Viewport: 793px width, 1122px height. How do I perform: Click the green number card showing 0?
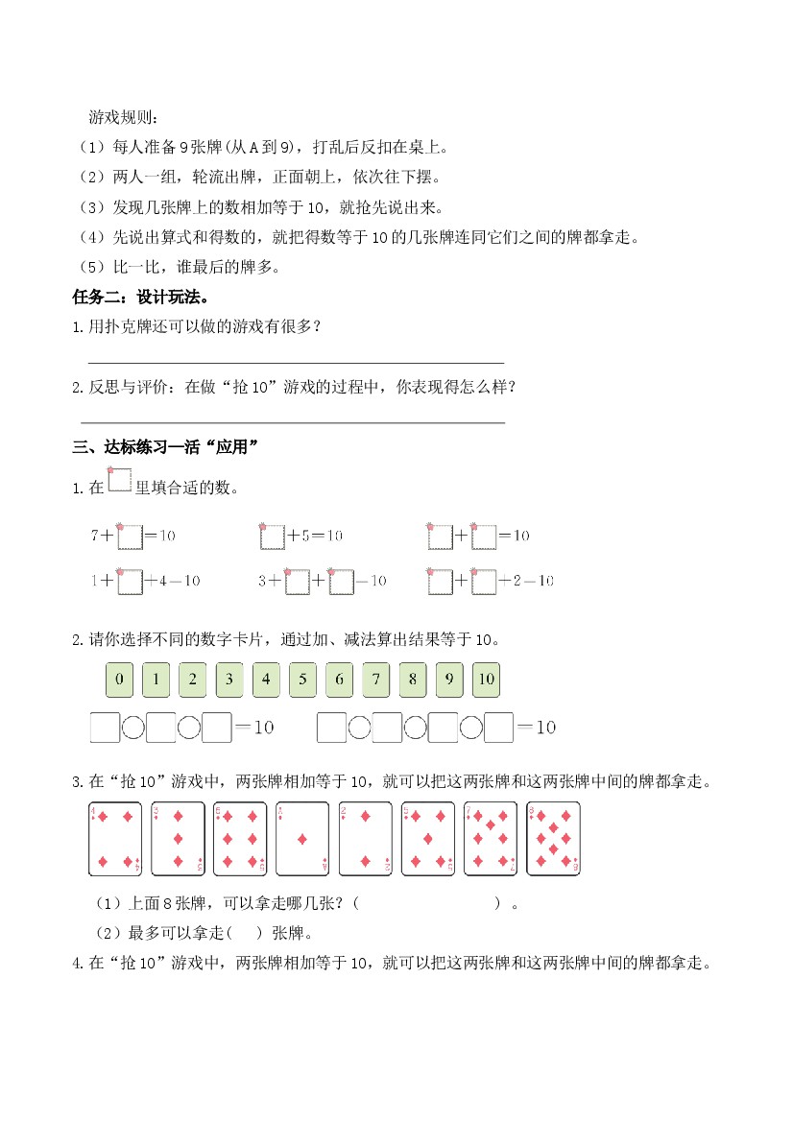coord(119,680)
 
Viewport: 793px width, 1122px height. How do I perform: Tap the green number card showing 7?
coord(375,680)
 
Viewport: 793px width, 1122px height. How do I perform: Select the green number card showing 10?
coord(486,680)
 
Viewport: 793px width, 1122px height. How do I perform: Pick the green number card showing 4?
coord(266,680)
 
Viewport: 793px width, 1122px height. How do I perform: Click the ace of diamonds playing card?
coord(302,838)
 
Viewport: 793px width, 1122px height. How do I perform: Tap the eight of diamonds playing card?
coord(553,838)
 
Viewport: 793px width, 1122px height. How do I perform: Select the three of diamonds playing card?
coord(178,838)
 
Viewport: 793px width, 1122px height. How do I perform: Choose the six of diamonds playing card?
coord(240,838)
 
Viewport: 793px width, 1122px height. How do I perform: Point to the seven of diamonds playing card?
coord(491,838)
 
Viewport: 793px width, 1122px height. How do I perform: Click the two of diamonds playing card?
coord(365,838)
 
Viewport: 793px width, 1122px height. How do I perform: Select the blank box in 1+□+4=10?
coord(130,582)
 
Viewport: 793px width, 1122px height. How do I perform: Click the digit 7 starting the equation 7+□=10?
coord(95,537)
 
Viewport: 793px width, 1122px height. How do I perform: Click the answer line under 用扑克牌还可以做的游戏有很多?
coord(296,362)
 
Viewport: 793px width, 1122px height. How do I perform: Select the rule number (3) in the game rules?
coord(93,207)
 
